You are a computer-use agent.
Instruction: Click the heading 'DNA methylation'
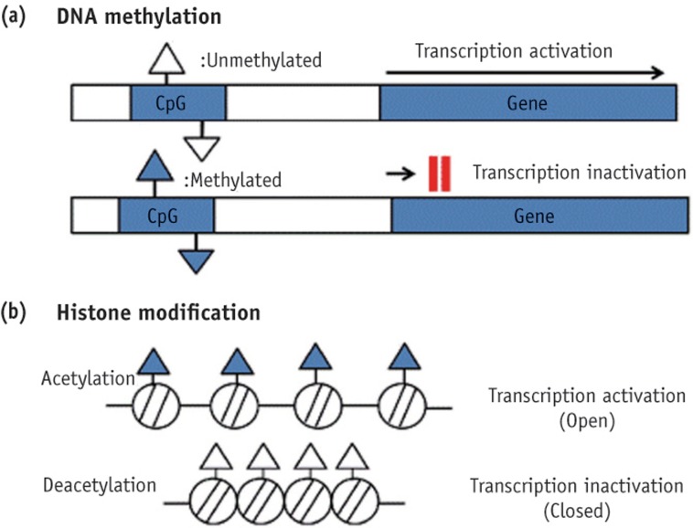[139, 17]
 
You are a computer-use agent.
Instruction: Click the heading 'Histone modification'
[158, 312]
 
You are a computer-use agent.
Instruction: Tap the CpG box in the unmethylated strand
[177, 103]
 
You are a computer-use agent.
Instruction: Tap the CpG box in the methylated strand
[165, 216]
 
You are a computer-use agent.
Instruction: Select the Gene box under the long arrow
[528, 103]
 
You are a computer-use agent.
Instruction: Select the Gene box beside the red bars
[539, 216]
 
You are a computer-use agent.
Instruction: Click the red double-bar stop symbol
[439, 174]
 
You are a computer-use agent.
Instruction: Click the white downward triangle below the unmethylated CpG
[200, 143]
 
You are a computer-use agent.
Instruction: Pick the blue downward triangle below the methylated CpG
[192, 259]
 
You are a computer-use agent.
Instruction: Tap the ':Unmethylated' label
[261, 62]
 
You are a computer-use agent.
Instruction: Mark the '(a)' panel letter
[16, 17]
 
